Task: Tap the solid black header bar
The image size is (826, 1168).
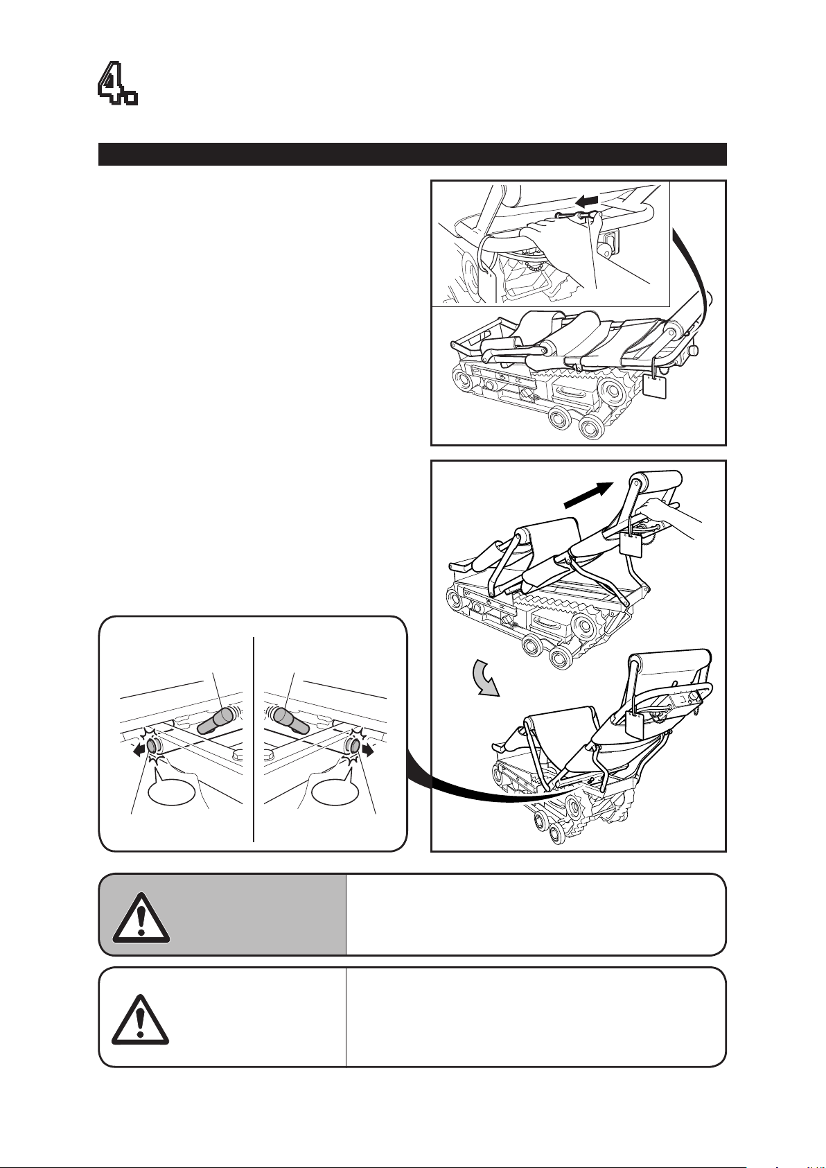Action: click(x=412, y=154)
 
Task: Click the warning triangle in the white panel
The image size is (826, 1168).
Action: click(x=141, y=1019)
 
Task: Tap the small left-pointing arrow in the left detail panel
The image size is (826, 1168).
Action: click(x=140, y=749)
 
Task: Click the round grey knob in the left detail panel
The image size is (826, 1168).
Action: click(x=154, y=746)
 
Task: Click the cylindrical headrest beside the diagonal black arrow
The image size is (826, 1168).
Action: click(x=656, y=480)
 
